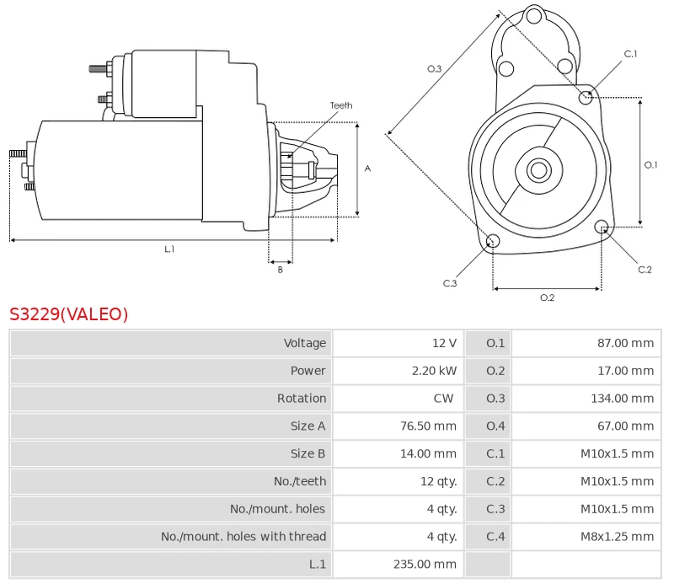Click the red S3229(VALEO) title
(x=69, y=314)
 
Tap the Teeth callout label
(x=341, y=105)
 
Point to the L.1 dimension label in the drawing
(x=170, y=249)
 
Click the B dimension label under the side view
(x=281, y=270)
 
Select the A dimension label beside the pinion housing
(x=367, y=169)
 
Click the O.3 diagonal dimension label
(x=434, y=69)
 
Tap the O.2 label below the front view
(x=547, y=297)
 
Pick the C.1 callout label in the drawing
(x=630, y=54)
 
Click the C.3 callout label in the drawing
(x=450, y=283)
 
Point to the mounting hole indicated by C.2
(x=602, y=227)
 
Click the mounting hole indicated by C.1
(x=586, y=98)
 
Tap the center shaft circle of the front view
(x=539, y=170)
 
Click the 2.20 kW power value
(x=434, y=371)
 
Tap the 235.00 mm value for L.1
(x=425, y=564)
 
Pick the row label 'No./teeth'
(x=300, y=481)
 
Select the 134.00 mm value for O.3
(x=623, y=399)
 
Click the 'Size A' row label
(x=308, y=426)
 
